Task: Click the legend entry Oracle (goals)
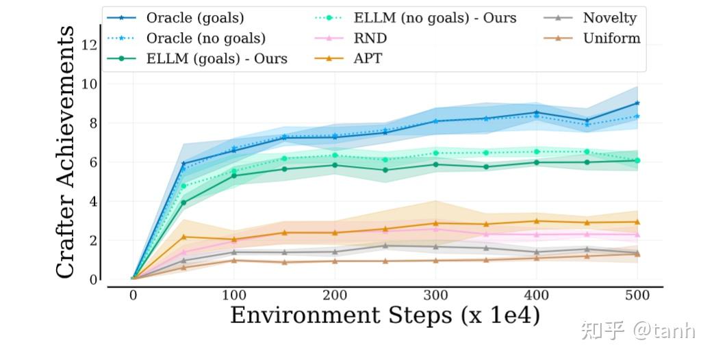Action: pos(195,18)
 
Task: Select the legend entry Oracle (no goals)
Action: pos(205,38)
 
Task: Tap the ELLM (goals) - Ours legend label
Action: pos(216,59)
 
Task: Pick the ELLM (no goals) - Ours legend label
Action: pos(435,18)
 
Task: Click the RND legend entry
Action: pos(370,38)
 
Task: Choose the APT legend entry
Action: pos(368,59)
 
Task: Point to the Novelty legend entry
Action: pos(609,18)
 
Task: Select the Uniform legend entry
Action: pos(611,38)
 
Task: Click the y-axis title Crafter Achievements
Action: pos(65,152)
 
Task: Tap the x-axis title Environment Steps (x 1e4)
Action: pos(385,316)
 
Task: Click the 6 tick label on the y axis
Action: pos(94,163)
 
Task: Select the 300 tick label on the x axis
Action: pos(436,294)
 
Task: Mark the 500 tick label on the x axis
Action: pos(637,294)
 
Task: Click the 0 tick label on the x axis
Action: pos(133,294)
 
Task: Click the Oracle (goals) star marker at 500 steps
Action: pos(637,103)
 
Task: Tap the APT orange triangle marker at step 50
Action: pos(183,237)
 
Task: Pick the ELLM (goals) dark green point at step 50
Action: pos(183,202)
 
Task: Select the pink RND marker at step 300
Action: pos(436,229)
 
